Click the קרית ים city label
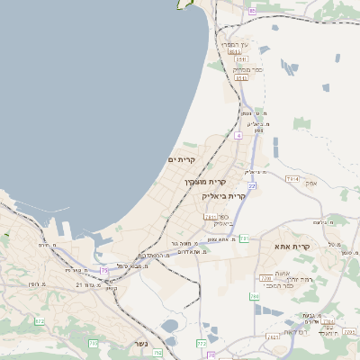pos(181,159)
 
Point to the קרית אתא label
pos(293,246)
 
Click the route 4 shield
pos(238,135)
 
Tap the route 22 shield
pos(253,185)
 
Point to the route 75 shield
pos(105,270)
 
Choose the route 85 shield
pos(253,11)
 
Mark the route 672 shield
pos(39,320)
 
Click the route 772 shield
pos(201,343)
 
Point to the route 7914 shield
pos(292,179)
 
